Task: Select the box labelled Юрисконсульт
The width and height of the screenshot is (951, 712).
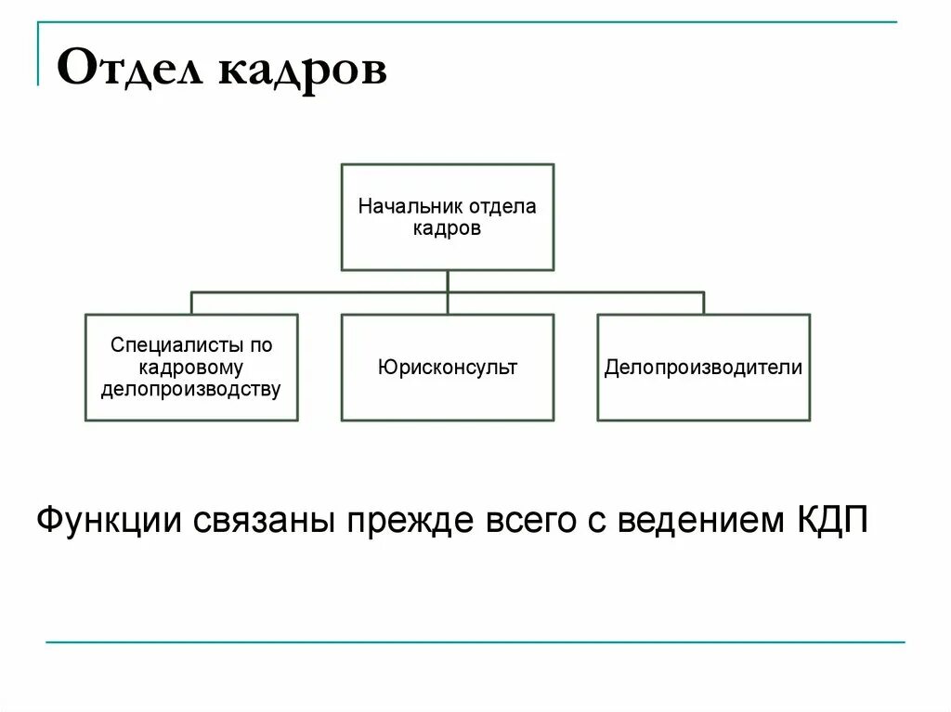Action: (x=447, y=368)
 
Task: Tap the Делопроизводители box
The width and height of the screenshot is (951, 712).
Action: (x=703, y=368)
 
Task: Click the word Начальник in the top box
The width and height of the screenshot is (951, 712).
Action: (x=404, y=206)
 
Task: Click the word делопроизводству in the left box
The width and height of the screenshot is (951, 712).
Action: (x=191, y=389)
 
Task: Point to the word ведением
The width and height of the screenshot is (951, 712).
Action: (x=697, y=519)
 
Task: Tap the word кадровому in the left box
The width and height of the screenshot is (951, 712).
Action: (x=191, y=368)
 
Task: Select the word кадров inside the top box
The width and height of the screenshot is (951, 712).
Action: (x=447, y=228)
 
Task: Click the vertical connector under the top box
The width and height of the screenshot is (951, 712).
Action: (x=448, y=282)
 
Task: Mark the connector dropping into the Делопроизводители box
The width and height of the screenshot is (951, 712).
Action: (x=703, y=304)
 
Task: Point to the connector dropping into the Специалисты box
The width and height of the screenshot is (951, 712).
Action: (x=191, y=304)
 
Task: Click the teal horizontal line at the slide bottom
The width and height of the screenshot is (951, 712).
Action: (x=474, y=641)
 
